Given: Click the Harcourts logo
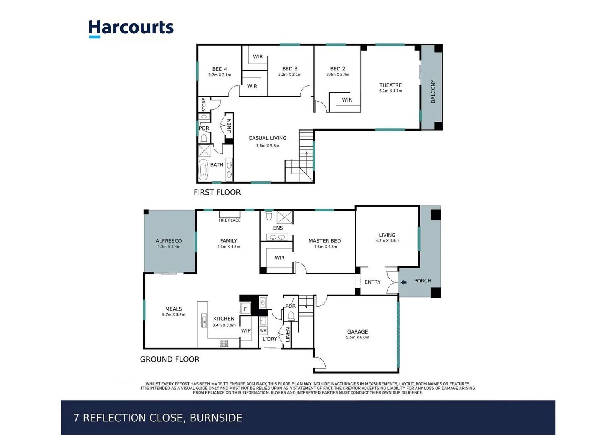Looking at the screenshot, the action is pos(131,29).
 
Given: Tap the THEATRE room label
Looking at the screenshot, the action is pos(390,85).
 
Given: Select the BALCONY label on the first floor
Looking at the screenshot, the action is pos(433,91).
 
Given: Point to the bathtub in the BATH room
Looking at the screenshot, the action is pos(203,170).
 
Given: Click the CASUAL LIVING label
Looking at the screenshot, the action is pos(267,138).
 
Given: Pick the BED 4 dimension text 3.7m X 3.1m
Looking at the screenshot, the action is pos(220,75).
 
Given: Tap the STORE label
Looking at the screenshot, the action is pos(204,104).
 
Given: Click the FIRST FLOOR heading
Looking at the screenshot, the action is pos(217,192).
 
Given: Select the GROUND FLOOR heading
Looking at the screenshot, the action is pos(169,359).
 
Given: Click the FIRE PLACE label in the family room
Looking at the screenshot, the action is pos(229,220).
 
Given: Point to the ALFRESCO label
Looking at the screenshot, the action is pos(168,241).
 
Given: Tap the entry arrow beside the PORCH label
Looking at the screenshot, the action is pos(403,282).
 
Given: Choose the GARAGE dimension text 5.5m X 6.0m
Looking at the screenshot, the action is pos(357,338).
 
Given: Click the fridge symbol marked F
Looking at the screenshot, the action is pos(245,309).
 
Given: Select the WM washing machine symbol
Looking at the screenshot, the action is pos(263,331).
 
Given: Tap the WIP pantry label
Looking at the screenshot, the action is pos(246,331).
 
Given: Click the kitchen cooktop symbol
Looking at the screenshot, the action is pos(224,343).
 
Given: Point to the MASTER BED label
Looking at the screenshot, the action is pos(324,241).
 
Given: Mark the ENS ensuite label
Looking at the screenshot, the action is pos(278,228).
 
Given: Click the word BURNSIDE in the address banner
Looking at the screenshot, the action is pos(216,418).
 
